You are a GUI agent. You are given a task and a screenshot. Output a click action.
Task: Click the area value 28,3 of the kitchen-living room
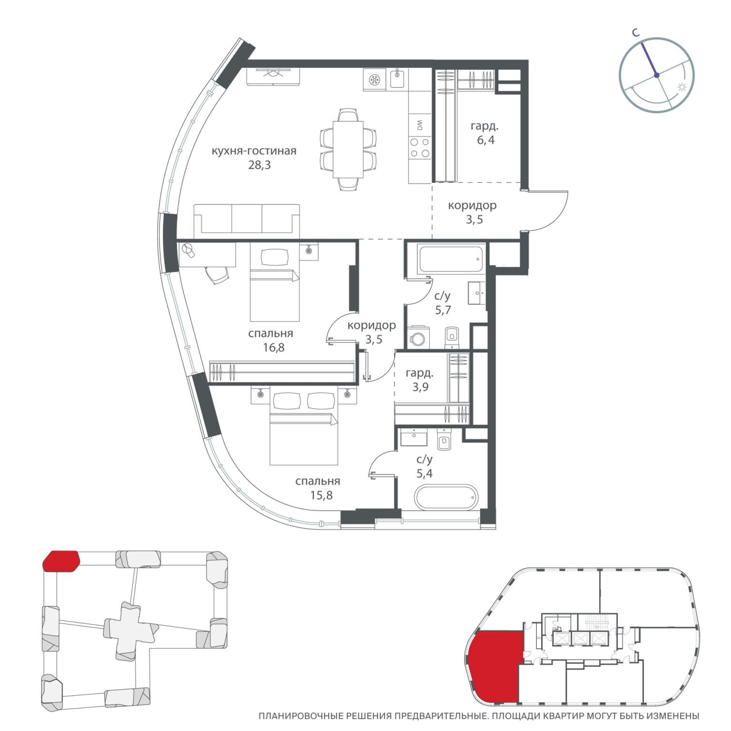coord(254,166)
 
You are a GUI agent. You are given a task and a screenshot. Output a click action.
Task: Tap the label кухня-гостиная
coord(254,151)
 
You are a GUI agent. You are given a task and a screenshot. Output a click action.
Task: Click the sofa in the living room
coord(247,220)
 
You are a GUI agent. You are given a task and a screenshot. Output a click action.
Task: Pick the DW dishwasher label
coord(420,125)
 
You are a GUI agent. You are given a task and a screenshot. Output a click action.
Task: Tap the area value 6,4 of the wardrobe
coord(484,140)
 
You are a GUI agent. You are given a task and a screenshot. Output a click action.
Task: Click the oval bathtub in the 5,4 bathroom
coord(445,497)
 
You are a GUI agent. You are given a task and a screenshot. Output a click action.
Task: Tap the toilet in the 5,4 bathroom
coord(444,440)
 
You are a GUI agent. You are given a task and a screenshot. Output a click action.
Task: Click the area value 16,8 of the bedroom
coord(274,347)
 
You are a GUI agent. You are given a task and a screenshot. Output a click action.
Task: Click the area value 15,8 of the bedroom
coord(321,495)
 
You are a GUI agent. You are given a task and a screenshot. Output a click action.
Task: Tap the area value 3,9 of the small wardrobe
coord(420,387)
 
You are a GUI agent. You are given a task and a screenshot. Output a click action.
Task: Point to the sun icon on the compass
coord(682,88)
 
